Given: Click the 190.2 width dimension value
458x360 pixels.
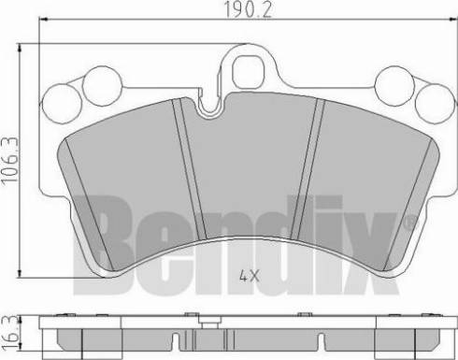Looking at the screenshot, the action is tap(249, 9).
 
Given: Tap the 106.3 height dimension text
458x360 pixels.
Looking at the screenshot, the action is tap(9, 161).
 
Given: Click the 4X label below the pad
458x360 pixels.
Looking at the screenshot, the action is tap(250, 276).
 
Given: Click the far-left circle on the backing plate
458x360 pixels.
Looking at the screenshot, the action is tap(62, 103).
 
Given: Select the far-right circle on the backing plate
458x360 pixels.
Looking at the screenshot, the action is tap(436, 103).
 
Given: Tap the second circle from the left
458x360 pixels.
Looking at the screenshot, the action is tap(102, 85).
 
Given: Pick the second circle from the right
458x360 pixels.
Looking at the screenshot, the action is tap(394, 85).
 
